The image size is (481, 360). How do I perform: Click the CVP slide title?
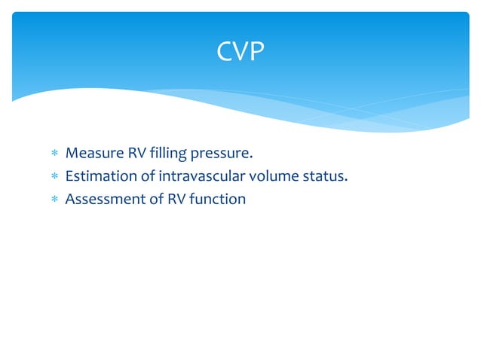click(x=240, y=52)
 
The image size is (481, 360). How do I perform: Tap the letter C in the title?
click(x=225, y=52)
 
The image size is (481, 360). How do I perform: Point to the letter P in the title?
click(x=256, y=52)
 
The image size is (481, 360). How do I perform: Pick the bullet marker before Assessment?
click(x=54, y=200)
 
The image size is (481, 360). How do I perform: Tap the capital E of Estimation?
click(x=69, y=177)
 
